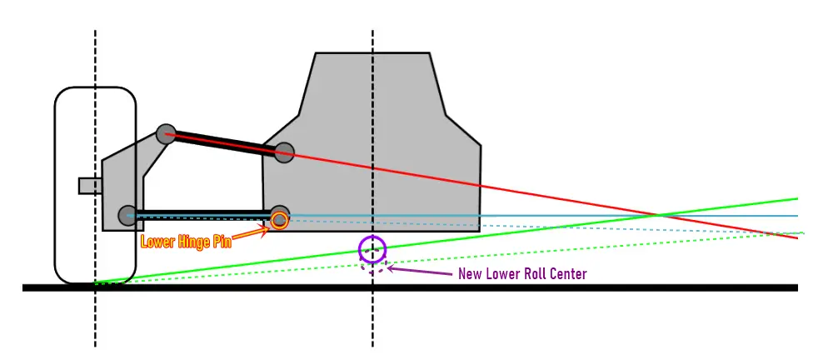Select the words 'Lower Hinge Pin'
[x=186, y=242]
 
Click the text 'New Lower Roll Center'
[x=522, y=274]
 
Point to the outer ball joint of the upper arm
[x=167, y=133]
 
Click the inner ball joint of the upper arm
[x=284, y=152]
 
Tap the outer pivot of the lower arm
[x=128, y=215]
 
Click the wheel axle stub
[x=90, y=186]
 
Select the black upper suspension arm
[x=225, y=143]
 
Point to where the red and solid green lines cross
[x=658, y=215]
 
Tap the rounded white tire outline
[x=55, y=185]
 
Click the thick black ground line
[x=410, y=287]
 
